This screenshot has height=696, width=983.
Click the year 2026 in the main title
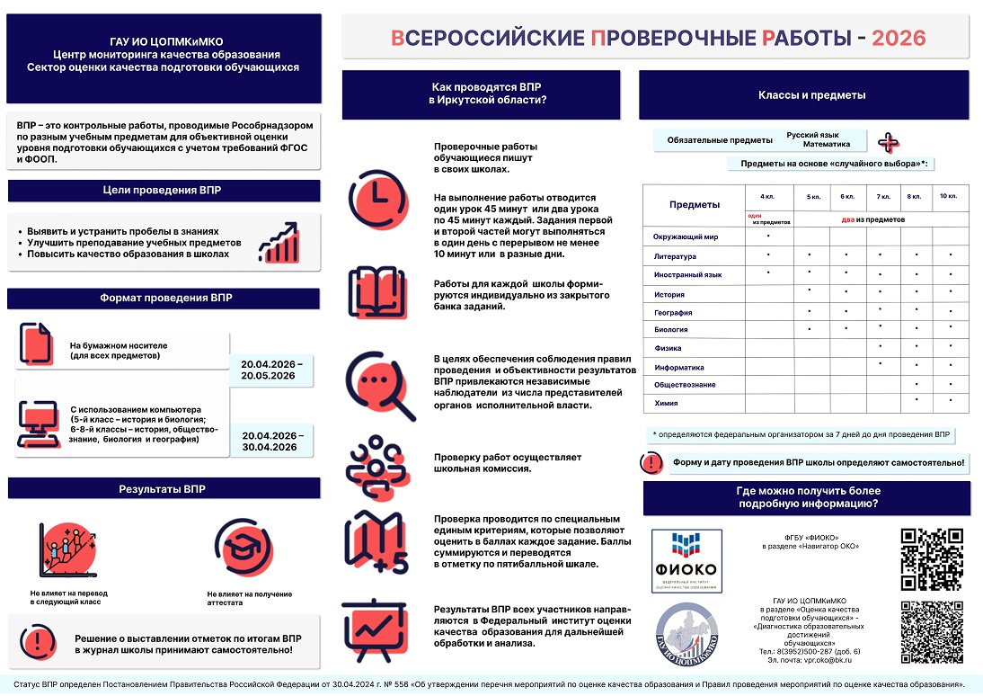[x=899, y=38]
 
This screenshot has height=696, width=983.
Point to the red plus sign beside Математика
[x=889, y=143]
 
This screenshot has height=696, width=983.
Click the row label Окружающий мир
[x=686, y=237]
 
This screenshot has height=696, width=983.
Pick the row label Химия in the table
[x=667, y=404]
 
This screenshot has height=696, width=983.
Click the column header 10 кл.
[x=948, y=196]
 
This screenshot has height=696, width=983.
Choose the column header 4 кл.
[x=767, y=196]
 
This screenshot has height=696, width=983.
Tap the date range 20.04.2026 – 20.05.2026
[x=273, y=369]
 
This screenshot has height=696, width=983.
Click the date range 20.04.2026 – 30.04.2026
[x=273, y=441]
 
